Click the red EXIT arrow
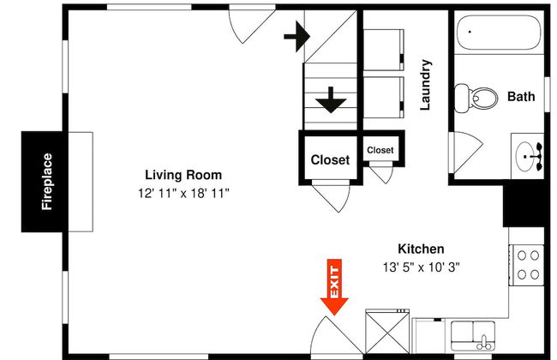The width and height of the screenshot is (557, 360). pyautogui.click(x=334, y=287)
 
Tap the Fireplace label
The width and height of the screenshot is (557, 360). pyautogui.click(x=47, y=182)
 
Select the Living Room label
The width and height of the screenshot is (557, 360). pyautogui.click(x=183, y=175)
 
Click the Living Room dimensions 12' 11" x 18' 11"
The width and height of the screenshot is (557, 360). pyautogui.click(x=183, y=194)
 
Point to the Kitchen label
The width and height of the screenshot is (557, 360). pyautogui.click(x=421, y=249)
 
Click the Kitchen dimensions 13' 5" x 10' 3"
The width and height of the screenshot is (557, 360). pyautogui.click(x=421, y=267)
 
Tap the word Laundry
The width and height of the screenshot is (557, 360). pyautogui.click(x=426, y=85)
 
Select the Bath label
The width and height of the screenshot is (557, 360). pyautogui.click(x=521, y=96)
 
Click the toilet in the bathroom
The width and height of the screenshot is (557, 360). pyautogui.click(x=476, y=98)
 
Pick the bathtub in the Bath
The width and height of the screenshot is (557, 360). pyautogui.click(x=499, y=33)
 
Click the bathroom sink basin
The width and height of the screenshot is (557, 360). pyautogui.click(x=526, y=156)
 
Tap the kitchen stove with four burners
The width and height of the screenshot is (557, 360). pyautogui.click(x=527, y=265)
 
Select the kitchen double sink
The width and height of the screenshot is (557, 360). pyautogui.click(x=473, y=335)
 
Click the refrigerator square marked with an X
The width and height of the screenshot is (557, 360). pyautogui.click(x=387, y=331)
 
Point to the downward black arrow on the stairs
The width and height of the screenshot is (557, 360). pyautogui.click(x=331, y=100)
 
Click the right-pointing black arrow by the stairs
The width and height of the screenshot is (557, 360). pyautogui.click(x=297, y=36)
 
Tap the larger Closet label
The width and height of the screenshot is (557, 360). pyautogui.click(x=330, y=160)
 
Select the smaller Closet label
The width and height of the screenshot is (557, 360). pyautogui.click(x=380, y=150)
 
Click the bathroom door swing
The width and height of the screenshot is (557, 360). pyautogui.click(x=466, y=152)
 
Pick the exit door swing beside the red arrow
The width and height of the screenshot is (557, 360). pyautogui.click(x=337, y=336)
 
